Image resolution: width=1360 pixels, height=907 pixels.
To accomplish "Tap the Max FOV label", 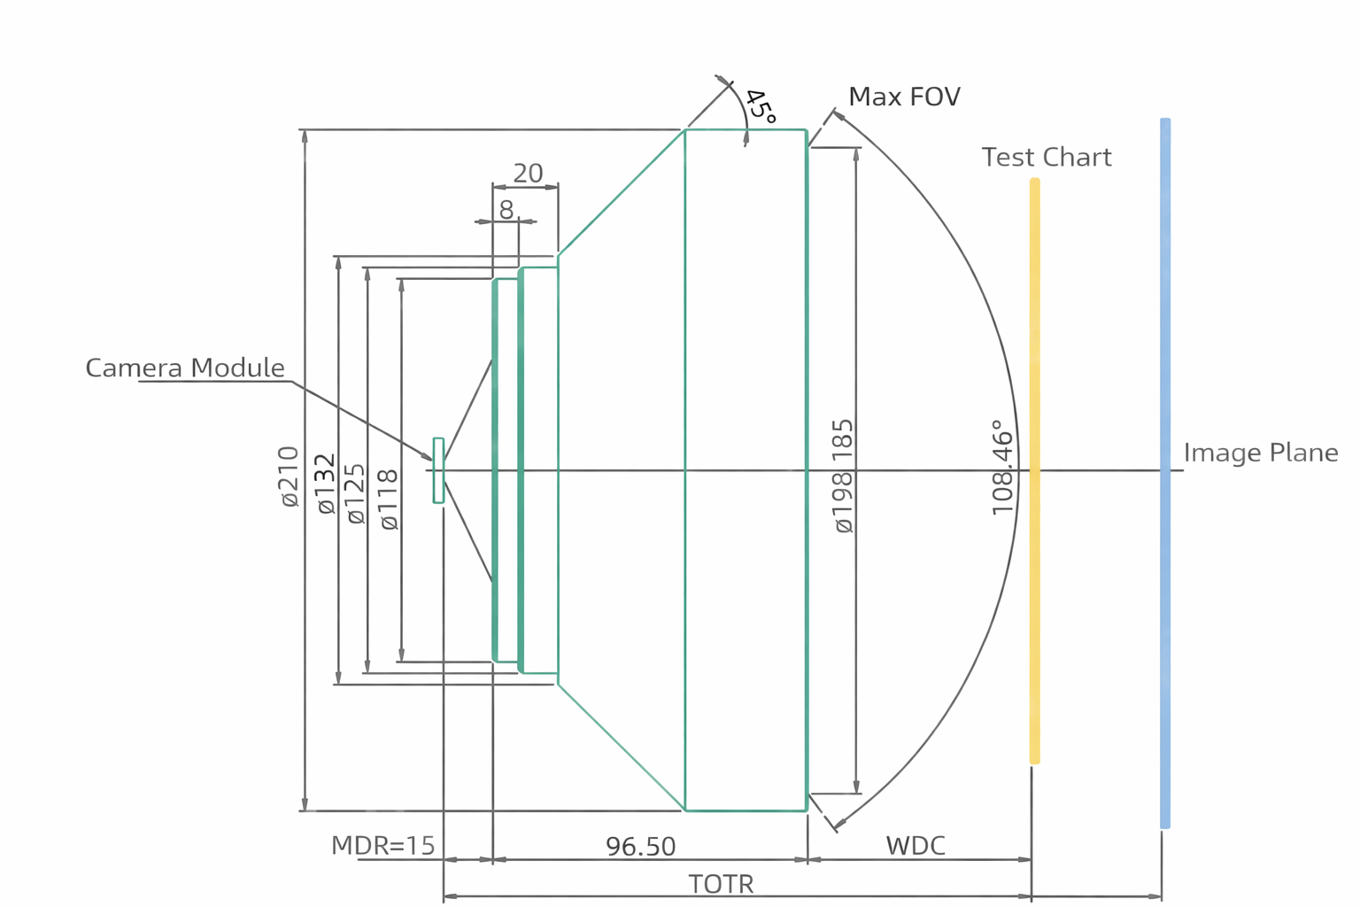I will pyautogui.click(x=904, y=97).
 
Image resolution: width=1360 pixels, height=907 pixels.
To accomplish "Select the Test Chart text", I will pyautogui.click(x=1046, y=158).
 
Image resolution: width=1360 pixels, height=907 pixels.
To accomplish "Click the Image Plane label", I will pyautogui.click(x=1260, y=453).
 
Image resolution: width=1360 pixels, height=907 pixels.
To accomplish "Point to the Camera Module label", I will pyautogui.click(x=185, y=368).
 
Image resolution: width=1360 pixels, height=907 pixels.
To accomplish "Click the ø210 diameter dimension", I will pyautogui.click(x=290, y=477).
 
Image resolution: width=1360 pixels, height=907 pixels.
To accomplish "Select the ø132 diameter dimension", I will pyautogui.click(x=326, y=484).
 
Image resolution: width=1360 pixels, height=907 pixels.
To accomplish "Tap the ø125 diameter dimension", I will pyautogui.click(x=356, y=493).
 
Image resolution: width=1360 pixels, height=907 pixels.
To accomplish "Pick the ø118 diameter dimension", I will pyautogui.click(x=389, y=500).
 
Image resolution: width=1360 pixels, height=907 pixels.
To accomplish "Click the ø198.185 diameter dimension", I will pyautogui.click(x=844, y=476).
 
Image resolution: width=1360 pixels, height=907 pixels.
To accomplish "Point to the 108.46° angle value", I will pyautogui.click(x=1001, y=468).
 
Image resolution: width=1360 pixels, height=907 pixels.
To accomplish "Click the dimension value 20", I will pyautogui.click(x=528, y=173).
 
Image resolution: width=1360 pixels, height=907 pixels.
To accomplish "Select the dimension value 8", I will pyautogui.click(x=506, y=210).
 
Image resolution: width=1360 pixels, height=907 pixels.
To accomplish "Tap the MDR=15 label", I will pyautogui.click(x=382, y=846).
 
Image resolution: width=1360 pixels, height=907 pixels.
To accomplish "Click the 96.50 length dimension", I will pyautogui.click(x=640, y=847).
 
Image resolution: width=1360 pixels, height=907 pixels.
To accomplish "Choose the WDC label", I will pyautogui.click(x=916, y=846).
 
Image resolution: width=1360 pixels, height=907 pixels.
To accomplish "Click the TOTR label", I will pyautogui.click(x=721, y=884).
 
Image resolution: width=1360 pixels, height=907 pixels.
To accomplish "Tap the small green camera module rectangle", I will pyautogui.click(x=438, y=470).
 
